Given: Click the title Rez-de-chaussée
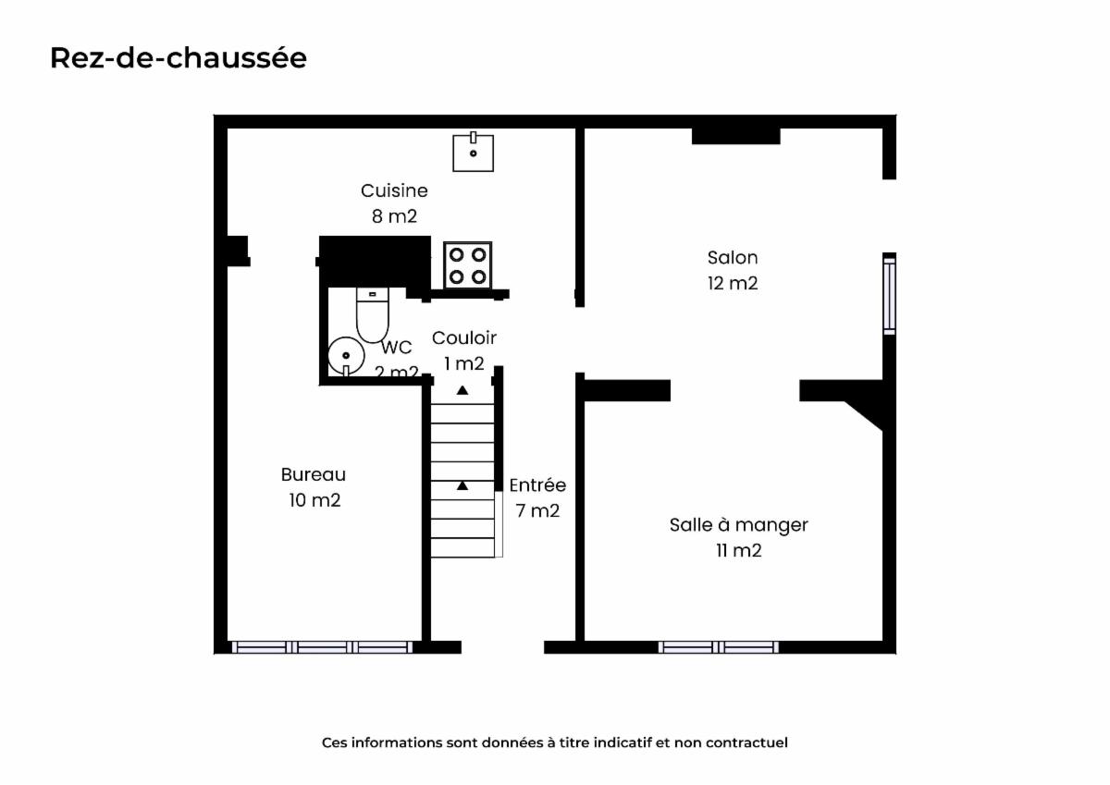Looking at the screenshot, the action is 179,58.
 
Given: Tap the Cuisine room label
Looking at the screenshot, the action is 394,190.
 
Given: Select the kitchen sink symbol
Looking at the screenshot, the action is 474,152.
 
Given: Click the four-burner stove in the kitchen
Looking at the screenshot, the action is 468,265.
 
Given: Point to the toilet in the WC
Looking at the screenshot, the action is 373,314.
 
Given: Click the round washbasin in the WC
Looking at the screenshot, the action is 346,356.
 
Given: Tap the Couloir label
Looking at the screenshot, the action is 463,337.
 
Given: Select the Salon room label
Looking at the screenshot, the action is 733,258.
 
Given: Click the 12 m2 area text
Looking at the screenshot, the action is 733,283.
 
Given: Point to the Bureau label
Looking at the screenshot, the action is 314,474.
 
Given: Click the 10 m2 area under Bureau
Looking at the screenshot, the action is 314,500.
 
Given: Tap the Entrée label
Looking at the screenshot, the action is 537,484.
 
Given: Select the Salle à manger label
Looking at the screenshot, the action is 738,525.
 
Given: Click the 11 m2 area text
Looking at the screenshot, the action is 738,551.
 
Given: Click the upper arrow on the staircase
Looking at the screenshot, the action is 462,390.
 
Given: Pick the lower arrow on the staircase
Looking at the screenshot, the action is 462,485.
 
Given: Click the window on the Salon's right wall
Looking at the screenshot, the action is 889,294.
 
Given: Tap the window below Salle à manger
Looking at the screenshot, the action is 719,647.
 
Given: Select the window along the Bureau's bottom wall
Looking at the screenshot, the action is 322,647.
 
